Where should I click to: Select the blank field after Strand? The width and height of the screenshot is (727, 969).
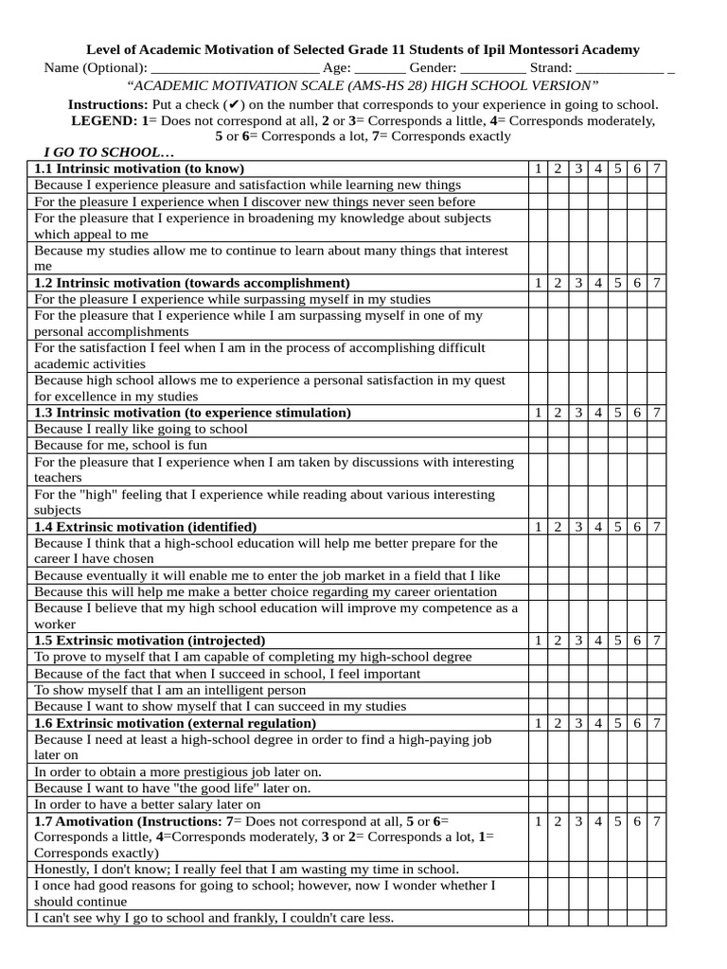(x=620, y=69)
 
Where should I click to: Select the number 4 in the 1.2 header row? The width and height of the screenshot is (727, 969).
(x=598, y=283)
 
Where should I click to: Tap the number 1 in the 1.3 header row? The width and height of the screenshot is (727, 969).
(x=538, y=413)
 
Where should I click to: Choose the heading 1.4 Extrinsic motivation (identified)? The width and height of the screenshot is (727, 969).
(x=145, y=526)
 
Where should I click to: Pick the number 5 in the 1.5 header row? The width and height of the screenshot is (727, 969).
(x=618, y=640)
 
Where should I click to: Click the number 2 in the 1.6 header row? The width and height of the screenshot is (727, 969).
(x=558, y=723)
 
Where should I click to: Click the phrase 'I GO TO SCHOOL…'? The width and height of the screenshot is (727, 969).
(x=109, y=152)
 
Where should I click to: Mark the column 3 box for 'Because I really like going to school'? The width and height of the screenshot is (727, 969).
(x=577, y=429)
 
